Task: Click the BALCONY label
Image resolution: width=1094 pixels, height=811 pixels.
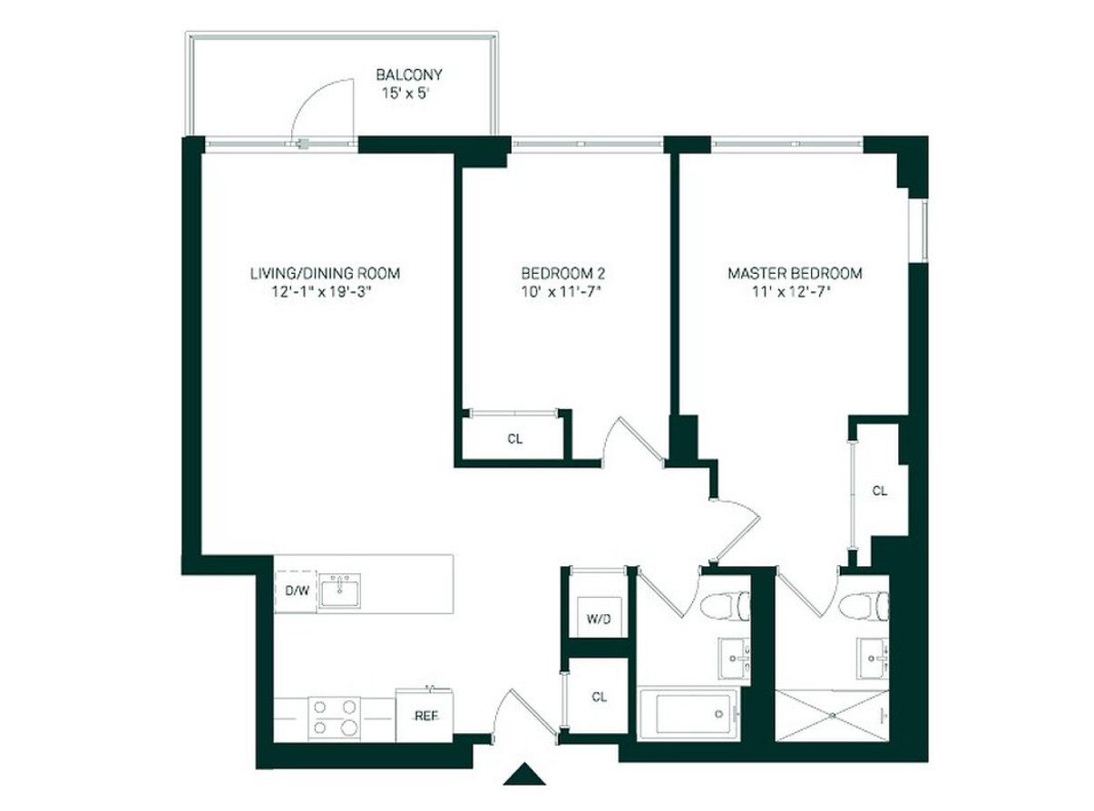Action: click(x=409, y=75)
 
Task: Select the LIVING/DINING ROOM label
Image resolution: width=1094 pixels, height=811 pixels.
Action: click(x=325, y=273)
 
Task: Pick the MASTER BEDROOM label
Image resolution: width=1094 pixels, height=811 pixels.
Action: click(x=795, y=273)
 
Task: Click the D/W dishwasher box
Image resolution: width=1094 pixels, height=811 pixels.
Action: click(x=296, y=592)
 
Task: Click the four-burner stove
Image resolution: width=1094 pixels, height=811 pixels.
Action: click(x=334, y=717)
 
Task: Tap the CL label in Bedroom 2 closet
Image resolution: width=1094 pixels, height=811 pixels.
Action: click(x=514, y=440)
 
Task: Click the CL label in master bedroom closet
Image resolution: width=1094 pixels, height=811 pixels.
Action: click(x=879, y=491)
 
